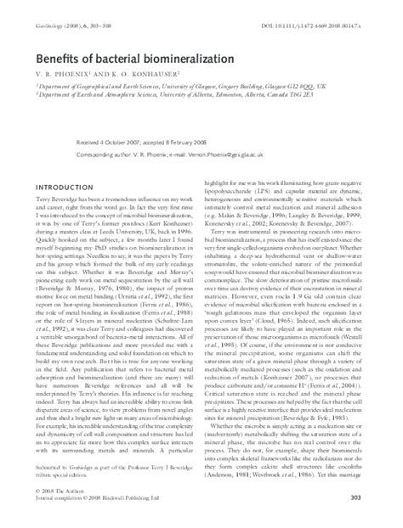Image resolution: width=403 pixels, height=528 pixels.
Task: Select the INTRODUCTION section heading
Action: pos(63,211)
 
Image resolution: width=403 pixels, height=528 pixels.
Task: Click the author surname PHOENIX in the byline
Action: pos(66,76)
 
